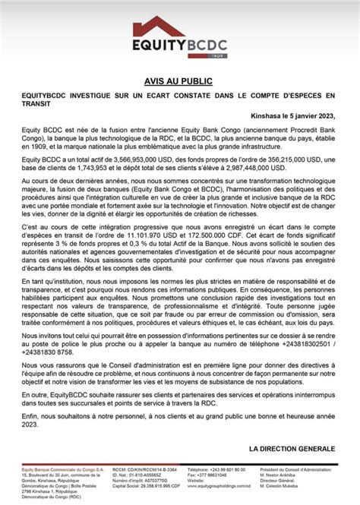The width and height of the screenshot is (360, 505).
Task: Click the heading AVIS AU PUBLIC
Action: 180,80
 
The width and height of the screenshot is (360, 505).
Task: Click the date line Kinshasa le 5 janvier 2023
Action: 295,116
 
